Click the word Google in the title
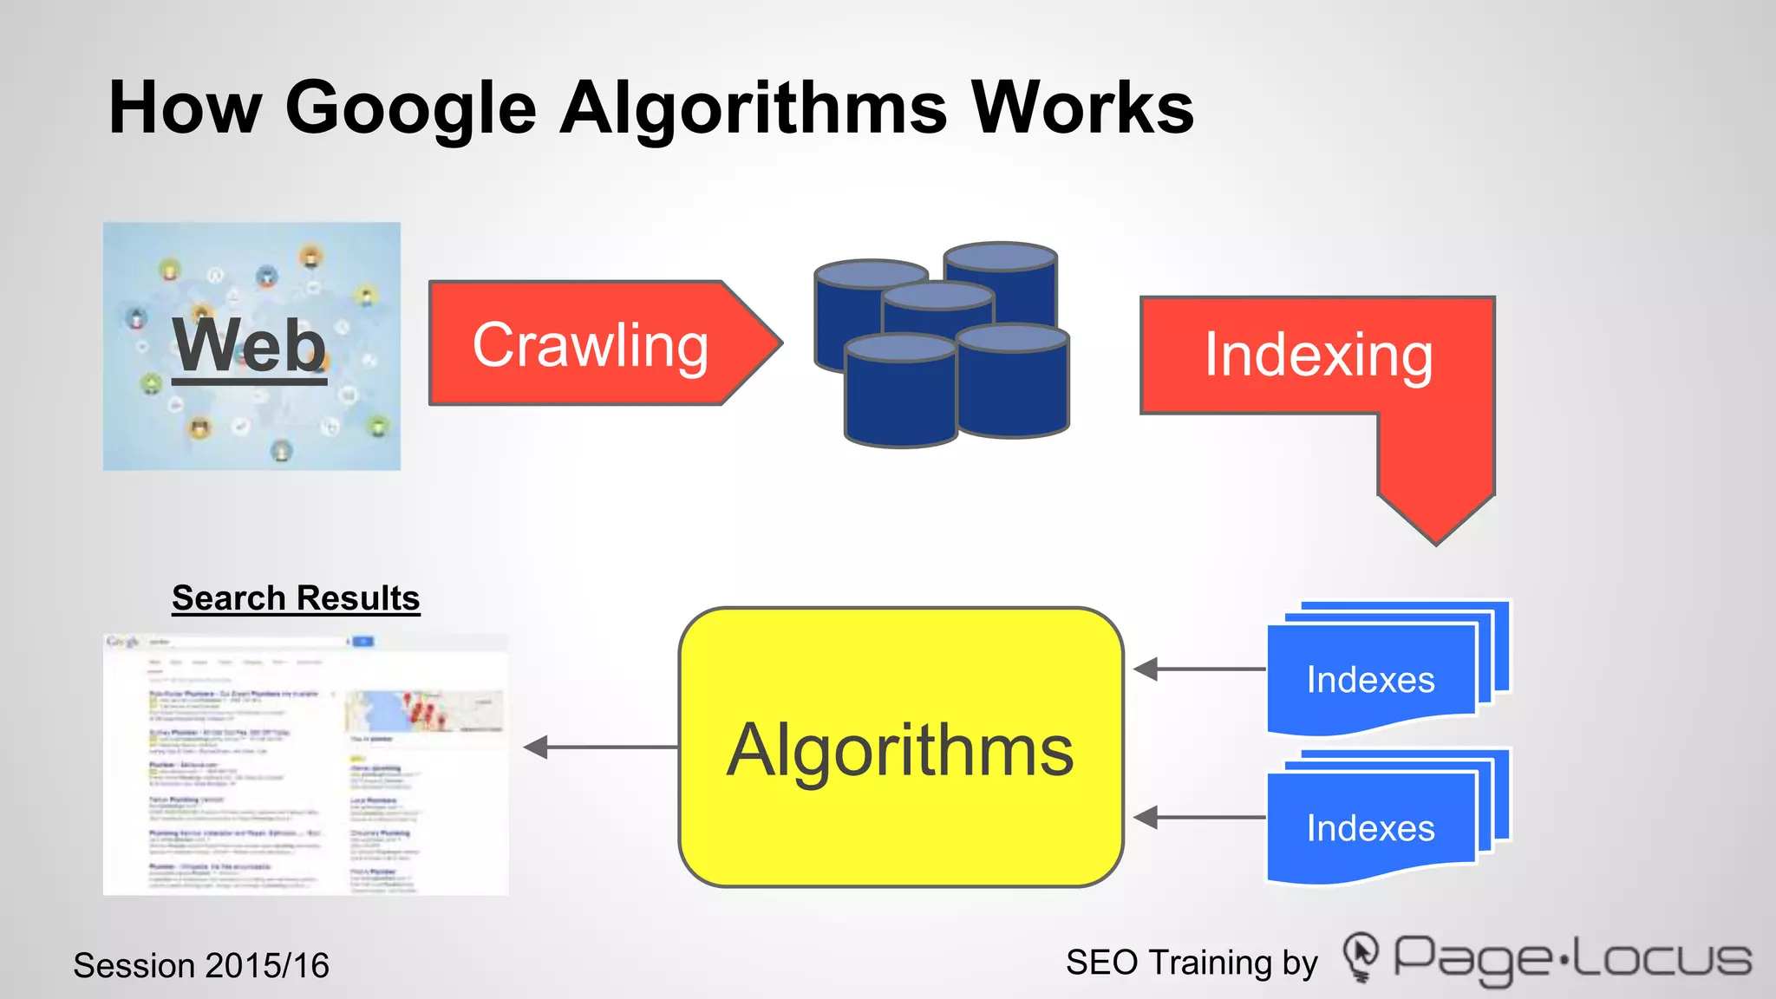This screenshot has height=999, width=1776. (411, 109)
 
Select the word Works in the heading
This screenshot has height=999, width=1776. (1081, 109)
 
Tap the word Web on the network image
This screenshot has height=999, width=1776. (250, 346)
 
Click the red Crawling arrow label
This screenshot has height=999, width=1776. (591, 344)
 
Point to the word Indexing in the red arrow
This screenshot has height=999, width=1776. (1318, 356)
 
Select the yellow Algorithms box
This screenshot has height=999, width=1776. (900, 748)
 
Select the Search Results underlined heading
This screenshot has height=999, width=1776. (296, 598)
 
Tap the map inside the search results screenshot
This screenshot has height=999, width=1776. (424, 711)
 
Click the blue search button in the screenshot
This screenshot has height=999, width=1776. (363, 642)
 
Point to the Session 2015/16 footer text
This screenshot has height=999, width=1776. (201, 965)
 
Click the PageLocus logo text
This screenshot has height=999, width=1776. (1571, 959)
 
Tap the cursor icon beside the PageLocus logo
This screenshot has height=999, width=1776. (1361, 957)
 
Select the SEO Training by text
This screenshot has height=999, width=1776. (1192, 963)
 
